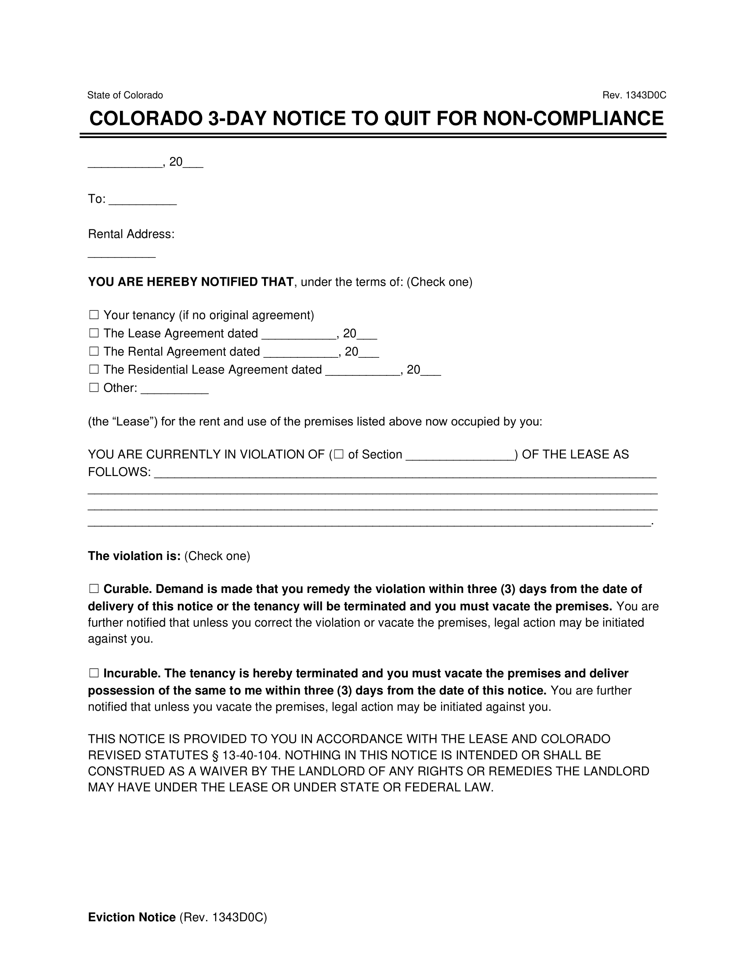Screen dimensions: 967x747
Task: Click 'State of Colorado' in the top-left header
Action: click(125, 95)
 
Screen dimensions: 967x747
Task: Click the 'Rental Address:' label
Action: click(131, 234)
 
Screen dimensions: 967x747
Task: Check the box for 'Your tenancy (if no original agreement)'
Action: click(94, 315)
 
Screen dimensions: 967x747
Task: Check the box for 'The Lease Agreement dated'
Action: click(94, 334)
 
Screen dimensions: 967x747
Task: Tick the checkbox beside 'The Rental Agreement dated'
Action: click(94, 352)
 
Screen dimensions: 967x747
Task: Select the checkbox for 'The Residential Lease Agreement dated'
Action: click(94, 370)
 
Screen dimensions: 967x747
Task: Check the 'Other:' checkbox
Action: click(94, 388)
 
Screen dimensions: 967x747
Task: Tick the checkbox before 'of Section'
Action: click(339, 454)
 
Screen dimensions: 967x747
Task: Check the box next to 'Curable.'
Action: click(94, 589)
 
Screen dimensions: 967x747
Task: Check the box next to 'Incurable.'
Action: click(94, 673)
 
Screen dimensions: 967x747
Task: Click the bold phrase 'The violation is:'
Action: click(134, 556)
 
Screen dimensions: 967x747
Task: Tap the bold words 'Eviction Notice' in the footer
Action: click(131, 917)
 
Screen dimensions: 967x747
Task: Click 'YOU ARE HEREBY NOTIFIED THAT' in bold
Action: click(190, 282)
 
